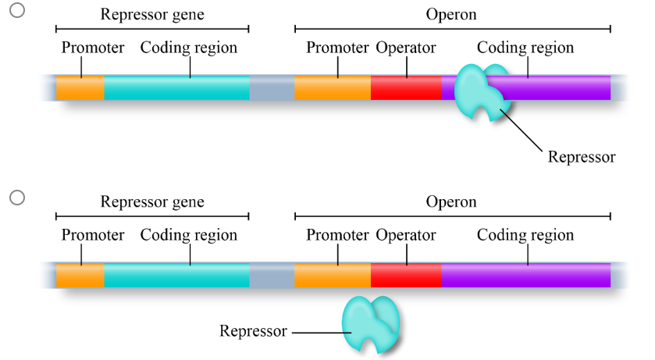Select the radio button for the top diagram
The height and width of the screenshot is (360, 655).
click(17, 10)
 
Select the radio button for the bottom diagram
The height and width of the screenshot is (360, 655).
click(17, 198)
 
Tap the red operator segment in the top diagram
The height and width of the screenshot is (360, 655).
click(406, 88)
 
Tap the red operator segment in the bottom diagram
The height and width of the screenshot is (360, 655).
click(406, 276)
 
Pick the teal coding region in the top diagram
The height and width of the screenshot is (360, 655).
click(176, 88)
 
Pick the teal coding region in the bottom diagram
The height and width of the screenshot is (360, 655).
click(176, 276)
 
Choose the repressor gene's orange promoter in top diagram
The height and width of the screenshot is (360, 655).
click(80, 88)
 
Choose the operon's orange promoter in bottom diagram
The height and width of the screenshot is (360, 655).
click(333, 276)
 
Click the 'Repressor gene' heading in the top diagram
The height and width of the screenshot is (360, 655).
click(152, 15)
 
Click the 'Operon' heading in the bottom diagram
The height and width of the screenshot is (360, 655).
click(451, 202)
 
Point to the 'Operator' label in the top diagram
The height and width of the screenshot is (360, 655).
click(405, 48)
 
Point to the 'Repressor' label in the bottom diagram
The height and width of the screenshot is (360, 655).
click(253, 331)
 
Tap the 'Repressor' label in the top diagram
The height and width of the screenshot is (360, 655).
click(582, 157)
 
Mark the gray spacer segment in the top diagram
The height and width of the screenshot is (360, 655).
click(272, 88)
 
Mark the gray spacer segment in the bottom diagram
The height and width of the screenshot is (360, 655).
click(272, 276)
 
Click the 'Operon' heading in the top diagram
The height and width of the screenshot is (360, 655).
click(451, 15)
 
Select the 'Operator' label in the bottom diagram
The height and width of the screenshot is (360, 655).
click(405, 235)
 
